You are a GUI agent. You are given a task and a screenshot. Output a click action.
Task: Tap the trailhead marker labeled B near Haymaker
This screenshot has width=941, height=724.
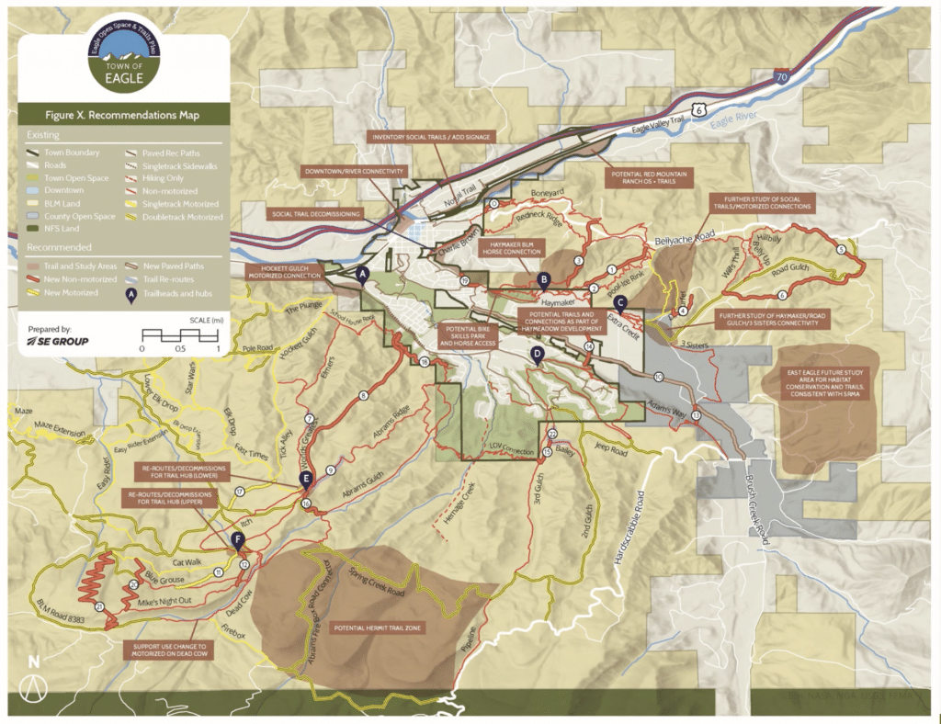pyautogui.click(x=544, y=280)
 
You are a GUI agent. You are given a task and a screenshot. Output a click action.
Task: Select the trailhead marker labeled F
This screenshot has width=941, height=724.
pyautogui.click(x=239, y=540)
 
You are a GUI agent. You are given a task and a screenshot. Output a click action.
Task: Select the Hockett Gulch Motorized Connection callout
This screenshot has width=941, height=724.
pyautogui.click(x=283, y=271)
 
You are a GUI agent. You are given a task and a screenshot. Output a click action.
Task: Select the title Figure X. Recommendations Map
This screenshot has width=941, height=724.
pyautogui.click(x=122, y=116)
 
